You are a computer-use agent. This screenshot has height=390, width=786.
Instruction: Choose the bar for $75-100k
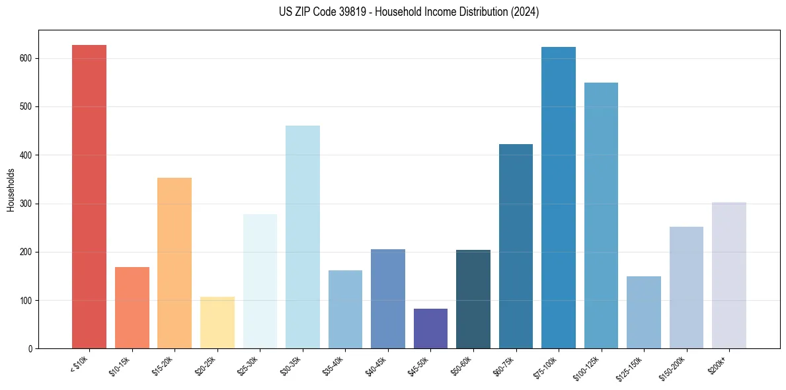click(x=559, y=198)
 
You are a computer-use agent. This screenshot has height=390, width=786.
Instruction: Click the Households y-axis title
click(x=11, y=190)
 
